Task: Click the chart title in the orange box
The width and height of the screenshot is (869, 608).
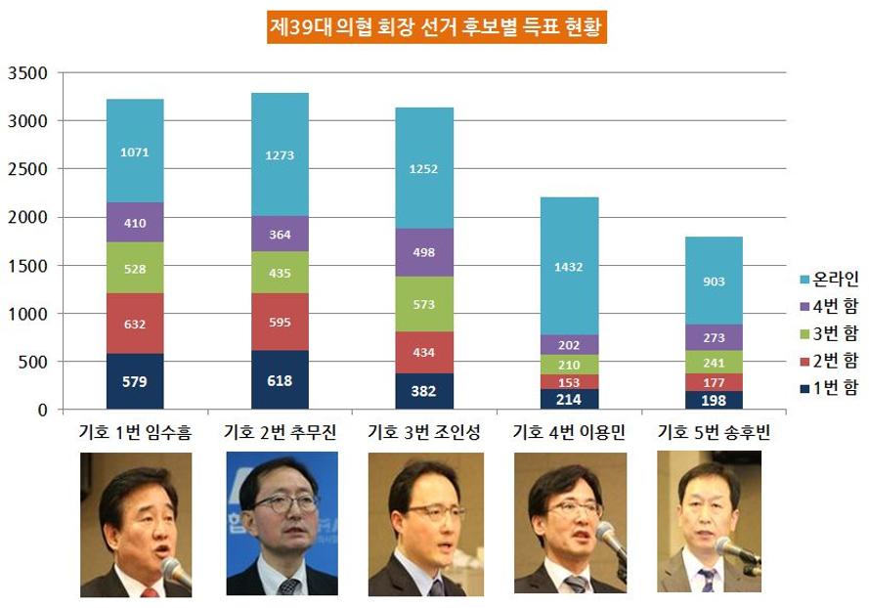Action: pos(437,27)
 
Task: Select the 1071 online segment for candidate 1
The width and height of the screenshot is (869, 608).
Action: pos(135,152)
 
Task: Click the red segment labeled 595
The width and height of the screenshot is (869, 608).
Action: pos(280,323)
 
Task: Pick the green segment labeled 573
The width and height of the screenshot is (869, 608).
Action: pos(424,305)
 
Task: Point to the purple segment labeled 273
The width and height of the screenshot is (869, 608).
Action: pos(713,338)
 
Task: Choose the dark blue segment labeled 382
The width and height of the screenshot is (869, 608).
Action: pos(424,391)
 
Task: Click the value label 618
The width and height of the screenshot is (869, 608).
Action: pos(280,380)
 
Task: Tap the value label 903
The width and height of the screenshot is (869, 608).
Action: pos(713,282)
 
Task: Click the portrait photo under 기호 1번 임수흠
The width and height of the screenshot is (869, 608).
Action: pos(136,524)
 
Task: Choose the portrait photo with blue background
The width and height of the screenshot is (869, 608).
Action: pos(282,524)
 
